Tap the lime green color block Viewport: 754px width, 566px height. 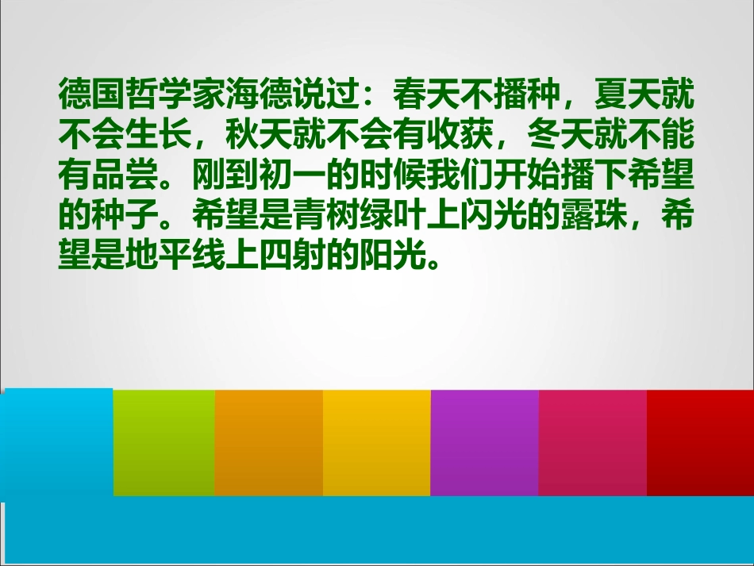pos(163,442)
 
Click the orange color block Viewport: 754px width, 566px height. pos(268,442)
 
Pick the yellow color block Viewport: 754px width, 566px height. pos(376,442)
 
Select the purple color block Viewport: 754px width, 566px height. pos(484,442)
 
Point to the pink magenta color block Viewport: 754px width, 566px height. pos(592,442)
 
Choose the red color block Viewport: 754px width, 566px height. pos(700,442)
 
